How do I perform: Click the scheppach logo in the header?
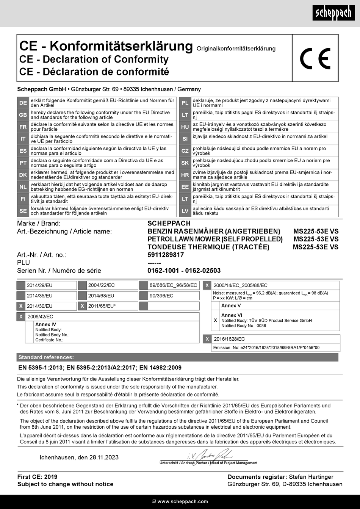pyautogui.click(x=334, y=13)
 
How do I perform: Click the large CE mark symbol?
pyautogui.click(x=315, y=59)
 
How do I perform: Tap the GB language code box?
pyautogui.click(x=23, y=115)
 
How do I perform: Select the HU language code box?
pyautogui.click(x=185, y=127)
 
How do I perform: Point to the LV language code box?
pyautogui.click(x=185, y=211)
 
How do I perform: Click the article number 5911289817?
pyautogui.click(x=166, y=255)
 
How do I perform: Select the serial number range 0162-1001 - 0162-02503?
pyautogui.click(x=184, y=271)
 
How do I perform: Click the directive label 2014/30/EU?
pyautogui.click(x=40, y=306)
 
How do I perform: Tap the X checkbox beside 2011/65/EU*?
pyautogui.click(x=82, y=306)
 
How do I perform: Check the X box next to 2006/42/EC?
pyautogui.click(x=21, y=317)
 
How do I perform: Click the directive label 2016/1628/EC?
pyautogui.click(x=229, y=339)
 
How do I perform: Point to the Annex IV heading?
pyautogui.click(x=45, y=324)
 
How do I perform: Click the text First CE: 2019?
pyautogui.click(x=37, y=477)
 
